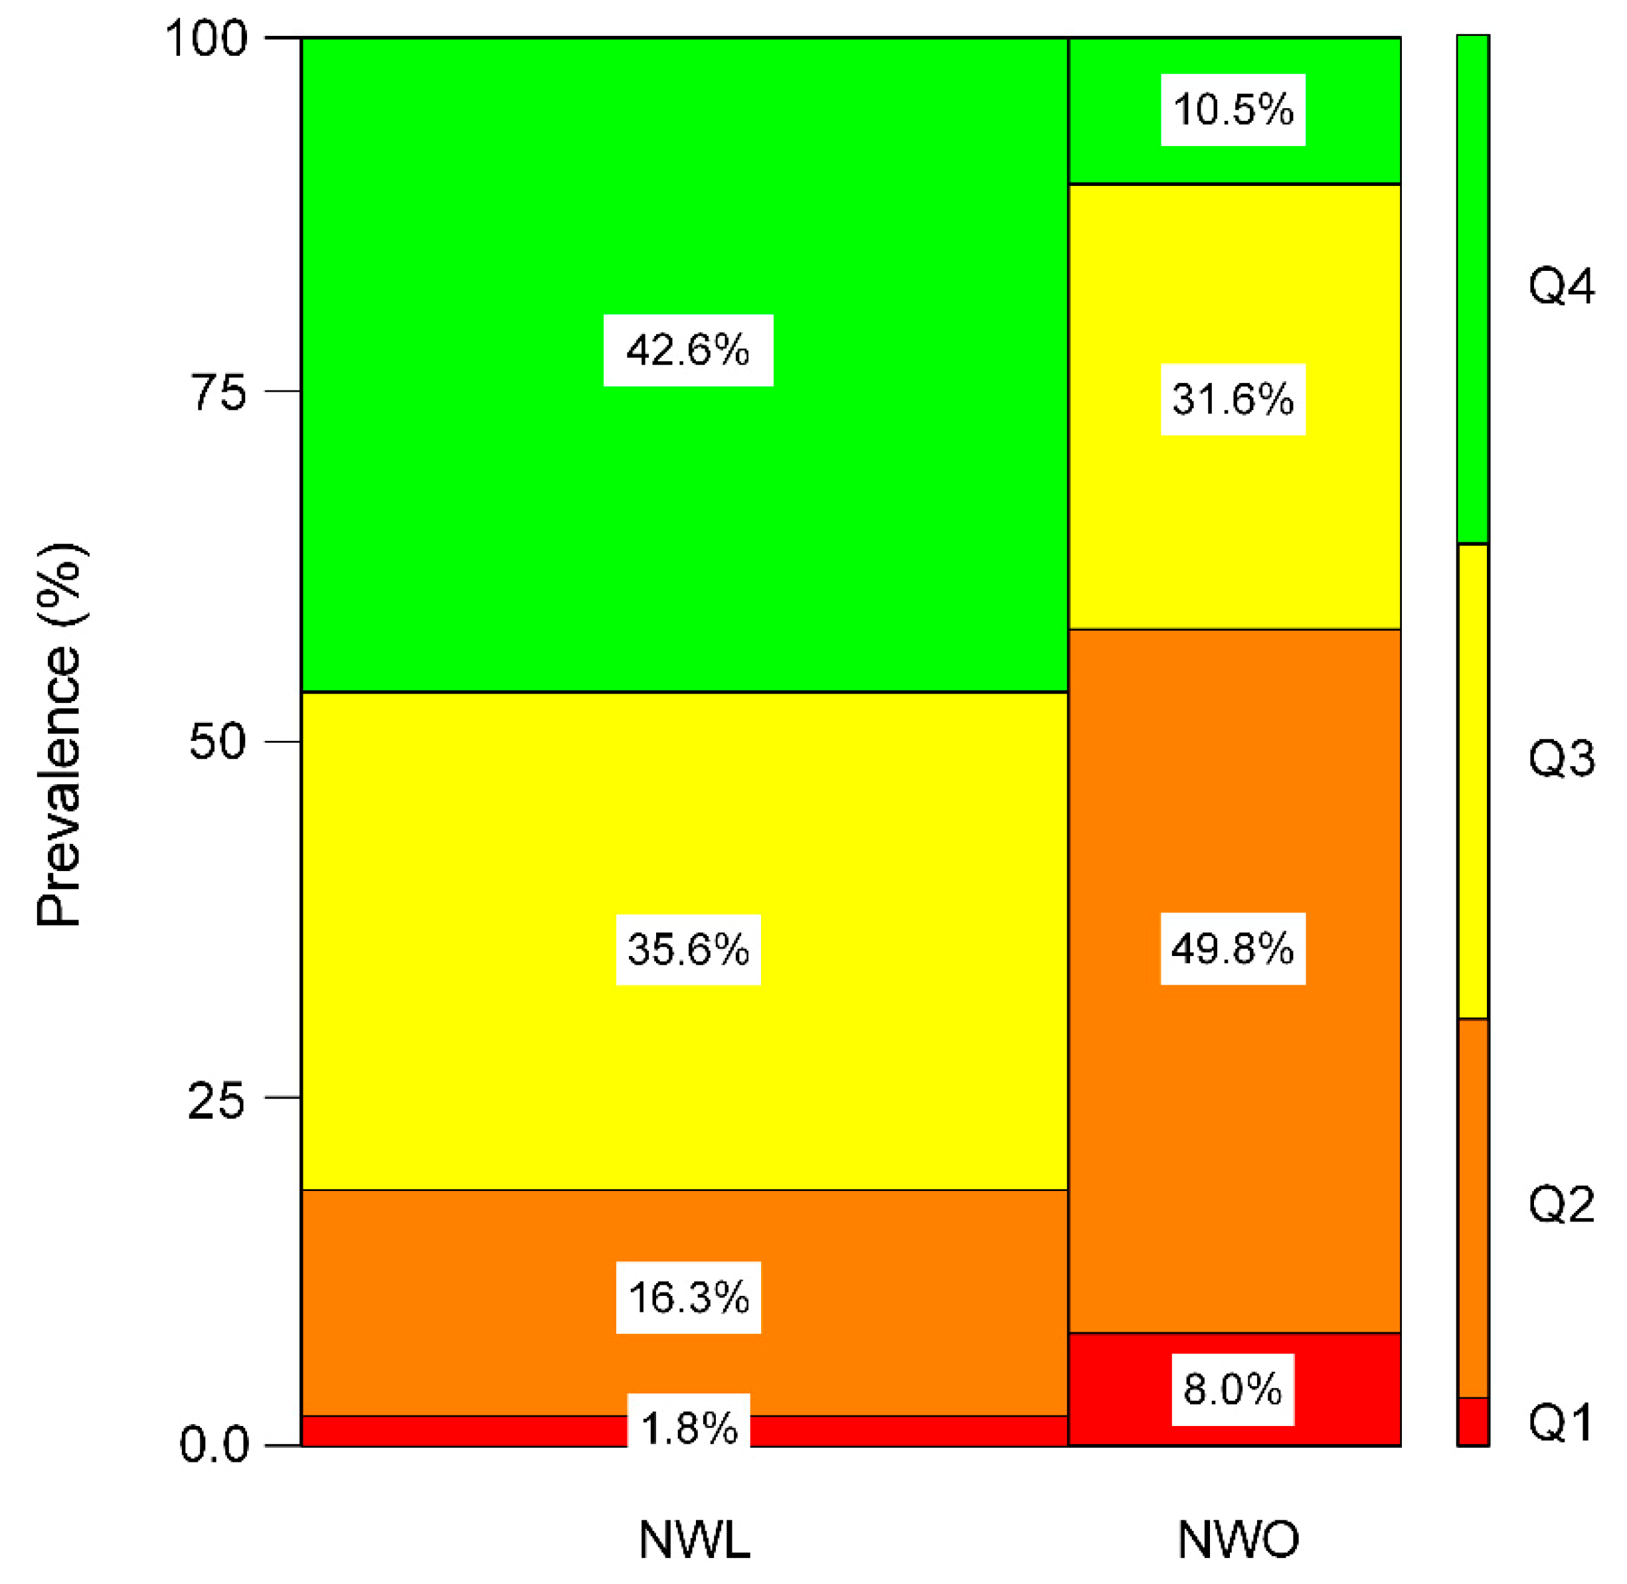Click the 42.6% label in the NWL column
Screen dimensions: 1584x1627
click(x=687, y=351)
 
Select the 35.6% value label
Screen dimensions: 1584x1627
click(x=687, y=949)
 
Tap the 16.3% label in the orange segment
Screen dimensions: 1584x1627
click(x=687, y=1298)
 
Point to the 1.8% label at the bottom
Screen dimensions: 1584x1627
click(x=687, y=1429)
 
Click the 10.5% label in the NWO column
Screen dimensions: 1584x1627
click(x=1233, y=110)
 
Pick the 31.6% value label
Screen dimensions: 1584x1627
click(x=1233, y=400)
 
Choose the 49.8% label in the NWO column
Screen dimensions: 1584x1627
click(x=1233, y=949)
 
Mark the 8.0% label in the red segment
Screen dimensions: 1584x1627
click(x=1233, y=1389)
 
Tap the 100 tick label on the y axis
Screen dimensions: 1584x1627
click(x=207, y=39)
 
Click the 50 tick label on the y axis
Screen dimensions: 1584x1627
click(x=218, y=742)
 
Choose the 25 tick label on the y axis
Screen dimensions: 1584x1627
click(x=217, y=1101)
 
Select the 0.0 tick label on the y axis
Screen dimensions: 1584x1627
click(x=214, y=1445)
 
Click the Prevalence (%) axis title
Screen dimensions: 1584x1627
click(x=59, y=736)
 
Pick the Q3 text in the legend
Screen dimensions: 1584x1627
click(x=1561, y=759)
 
